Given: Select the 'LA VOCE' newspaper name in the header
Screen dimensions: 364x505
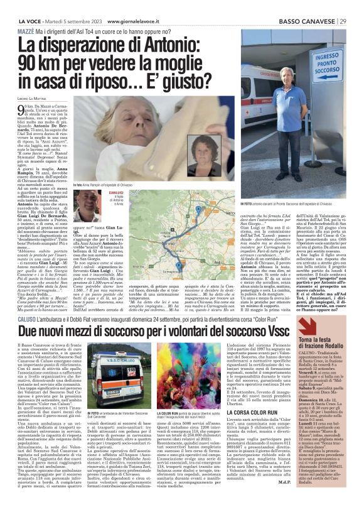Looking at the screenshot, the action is tap(14, 5).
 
